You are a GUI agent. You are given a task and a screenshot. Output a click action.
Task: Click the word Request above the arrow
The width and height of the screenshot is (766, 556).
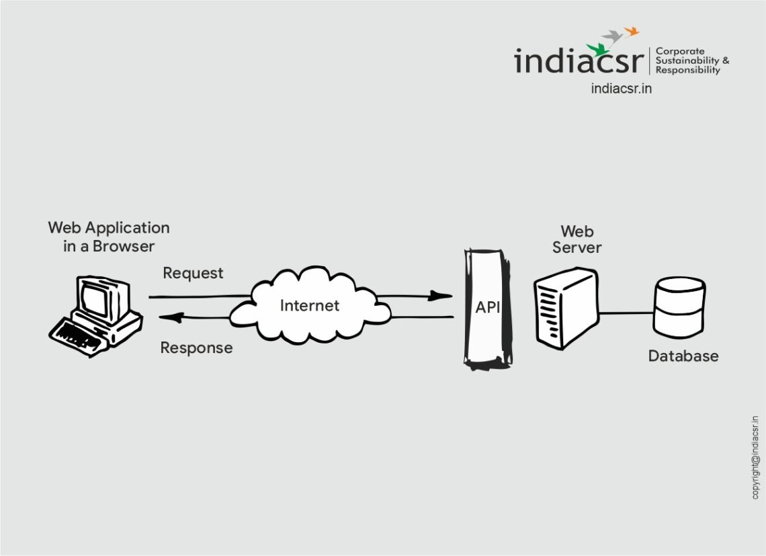193,273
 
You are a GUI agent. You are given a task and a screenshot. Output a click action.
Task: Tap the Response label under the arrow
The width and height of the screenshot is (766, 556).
196,348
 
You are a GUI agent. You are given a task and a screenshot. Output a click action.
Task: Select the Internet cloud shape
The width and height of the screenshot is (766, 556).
310,305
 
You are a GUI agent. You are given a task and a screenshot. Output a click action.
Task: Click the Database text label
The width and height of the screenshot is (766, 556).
683,356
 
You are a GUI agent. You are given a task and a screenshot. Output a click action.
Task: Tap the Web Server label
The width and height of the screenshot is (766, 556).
577,239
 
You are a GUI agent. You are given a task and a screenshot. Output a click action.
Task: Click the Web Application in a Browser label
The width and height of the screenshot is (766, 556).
109,237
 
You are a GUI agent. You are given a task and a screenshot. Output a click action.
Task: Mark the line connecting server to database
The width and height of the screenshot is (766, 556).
625,312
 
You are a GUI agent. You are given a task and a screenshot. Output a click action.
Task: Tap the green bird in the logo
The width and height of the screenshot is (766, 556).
597,49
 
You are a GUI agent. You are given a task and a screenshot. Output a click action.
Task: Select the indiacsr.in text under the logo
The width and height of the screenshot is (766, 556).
621,89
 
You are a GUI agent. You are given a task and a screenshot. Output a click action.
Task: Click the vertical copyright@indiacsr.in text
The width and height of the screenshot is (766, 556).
755,457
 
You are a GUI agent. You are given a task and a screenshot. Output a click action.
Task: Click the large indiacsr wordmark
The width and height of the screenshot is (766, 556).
579,61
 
